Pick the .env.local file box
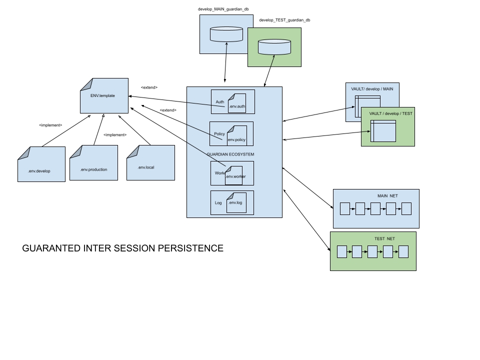coord(150,162)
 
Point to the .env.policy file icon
coord(236,135)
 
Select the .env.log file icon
coord(236,203)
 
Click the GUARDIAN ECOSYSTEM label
coord(230,154)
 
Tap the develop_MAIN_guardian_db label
coord(223,9)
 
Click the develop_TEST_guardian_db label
coord(284,20)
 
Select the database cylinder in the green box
coord(274,47)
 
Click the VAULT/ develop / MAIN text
coord(372,89)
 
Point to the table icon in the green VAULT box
coord(383,131)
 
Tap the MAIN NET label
coord(387,196)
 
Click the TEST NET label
coord(384,238)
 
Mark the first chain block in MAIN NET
coord(344,208)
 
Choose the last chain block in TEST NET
coord(403,251)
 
